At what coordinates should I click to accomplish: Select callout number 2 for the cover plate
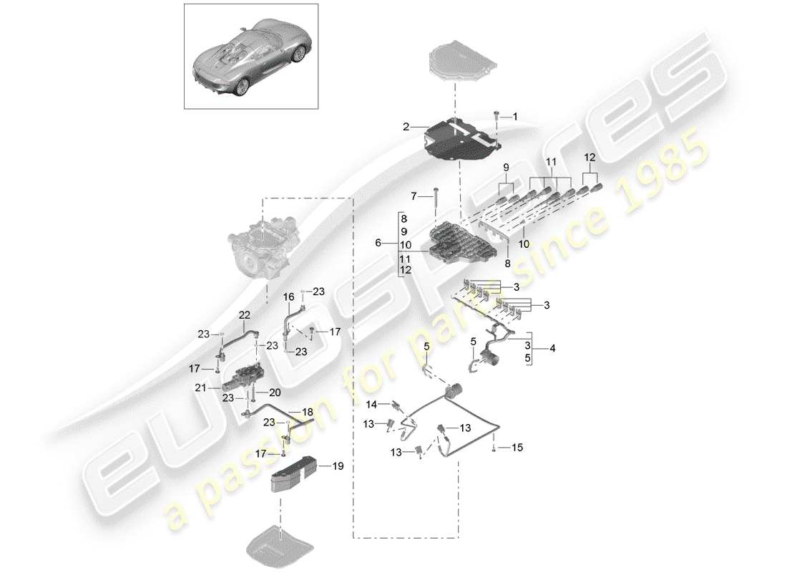point(406,127)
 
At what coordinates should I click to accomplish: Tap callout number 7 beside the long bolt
point(413,196)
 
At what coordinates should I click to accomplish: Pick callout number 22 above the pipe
point(245,314)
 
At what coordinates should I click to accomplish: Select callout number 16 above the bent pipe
point(289,297)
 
